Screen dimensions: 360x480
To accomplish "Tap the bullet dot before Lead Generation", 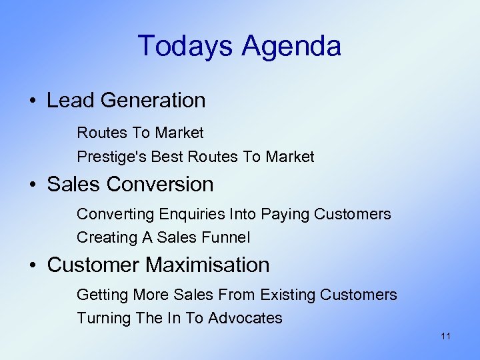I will click(x=32, y=101).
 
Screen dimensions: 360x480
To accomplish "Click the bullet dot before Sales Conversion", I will click(x=32, y=185).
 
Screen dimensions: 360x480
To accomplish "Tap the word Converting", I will click(x=115, y=214).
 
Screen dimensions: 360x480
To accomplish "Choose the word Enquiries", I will click(x=191, y=214).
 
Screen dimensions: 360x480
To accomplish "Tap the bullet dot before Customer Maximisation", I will click(x=32, y=266).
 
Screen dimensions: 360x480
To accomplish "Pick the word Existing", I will click(x=288, y=295).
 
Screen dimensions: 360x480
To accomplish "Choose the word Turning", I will click(x=103, y=318).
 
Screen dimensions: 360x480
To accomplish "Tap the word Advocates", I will click(x=245, y=318).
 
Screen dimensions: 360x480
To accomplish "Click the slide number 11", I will click(x=445, y=336).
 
